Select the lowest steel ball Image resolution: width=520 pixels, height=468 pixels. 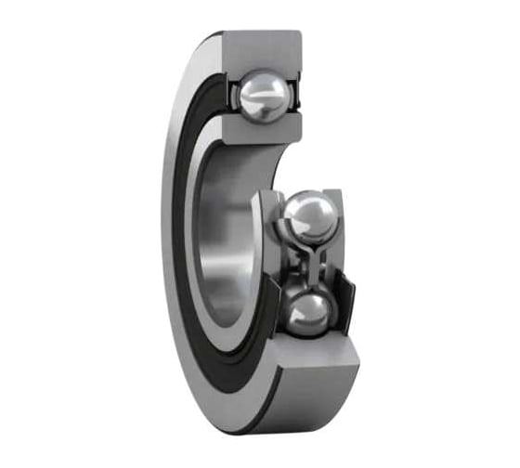307,314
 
